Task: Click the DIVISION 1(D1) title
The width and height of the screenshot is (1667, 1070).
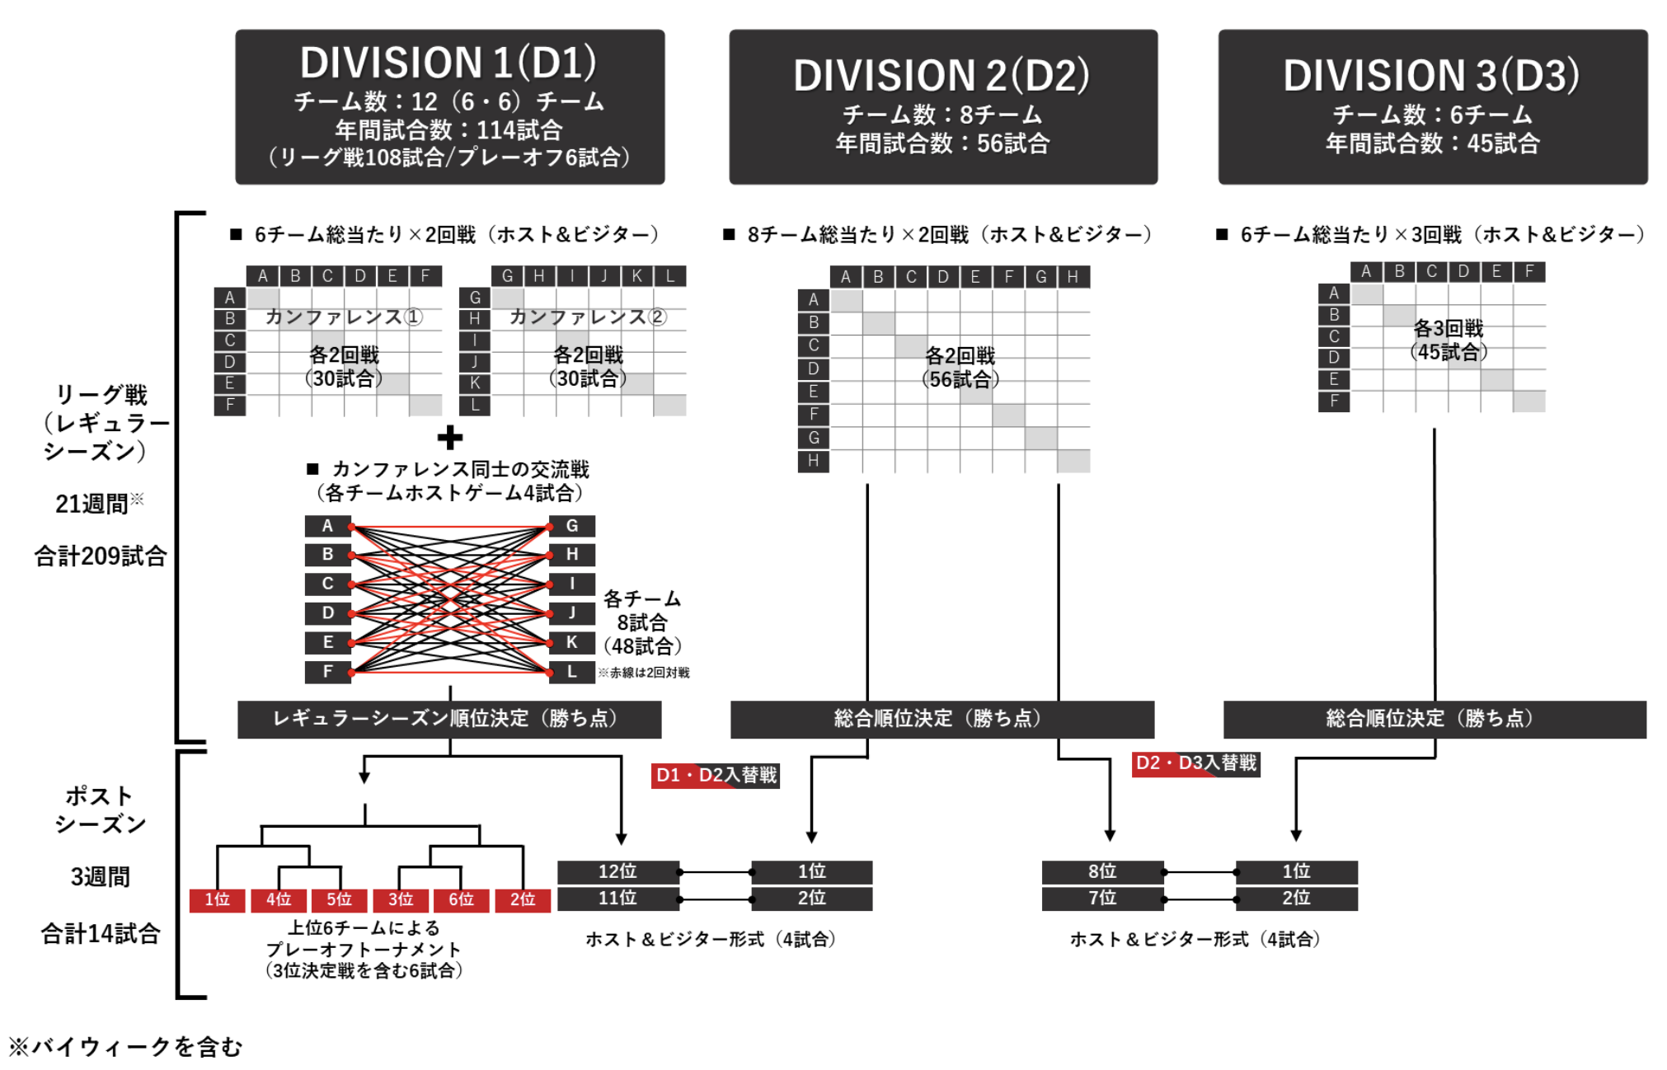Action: click(x=448, y=63)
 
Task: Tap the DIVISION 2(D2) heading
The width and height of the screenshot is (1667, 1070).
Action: click(x=942, y=76)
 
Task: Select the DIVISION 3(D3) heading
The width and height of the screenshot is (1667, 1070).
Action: click(x=1431, y=76)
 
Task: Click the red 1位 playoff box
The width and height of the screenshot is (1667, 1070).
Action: click(x=217, y=899)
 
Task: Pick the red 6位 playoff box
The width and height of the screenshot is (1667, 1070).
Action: click(x=461, y=899)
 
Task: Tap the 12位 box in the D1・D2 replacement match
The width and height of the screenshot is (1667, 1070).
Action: click(x=617, y=871)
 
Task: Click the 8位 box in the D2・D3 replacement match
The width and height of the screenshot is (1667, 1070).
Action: click(x=1102, y=871)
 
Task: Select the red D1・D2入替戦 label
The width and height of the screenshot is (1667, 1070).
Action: click(x=716, y=775)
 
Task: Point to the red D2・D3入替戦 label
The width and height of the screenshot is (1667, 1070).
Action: click(x=1195, y=763)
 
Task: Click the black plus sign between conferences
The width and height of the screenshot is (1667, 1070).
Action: click(x=449, y=438)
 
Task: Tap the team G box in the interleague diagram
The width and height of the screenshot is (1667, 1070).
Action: click(x=572, y=526)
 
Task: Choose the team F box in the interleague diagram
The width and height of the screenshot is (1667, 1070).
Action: click(x=327, y=672)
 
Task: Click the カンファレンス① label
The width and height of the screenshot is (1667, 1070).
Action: click(x=344, y=317)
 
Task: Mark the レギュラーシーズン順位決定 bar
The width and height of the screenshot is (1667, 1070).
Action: click(x=448, y=719)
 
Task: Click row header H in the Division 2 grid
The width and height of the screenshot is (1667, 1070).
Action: click(x=813, y=461)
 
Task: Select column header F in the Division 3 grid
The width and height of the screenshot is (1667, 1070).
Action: click(x=1528, y=271)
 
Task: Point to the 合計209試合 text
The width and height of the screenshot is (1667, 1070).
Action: click(x=101, y=556)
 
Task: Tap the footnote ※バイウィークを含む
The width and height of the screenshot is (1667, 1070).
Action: click(x=126, y=1047)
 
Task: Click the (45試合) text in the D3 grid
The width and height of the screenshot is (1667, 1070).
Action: click(x=1449, y=352)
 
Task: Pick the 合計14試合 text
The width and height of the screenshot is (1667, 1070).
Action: click(x=101, y=934)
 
